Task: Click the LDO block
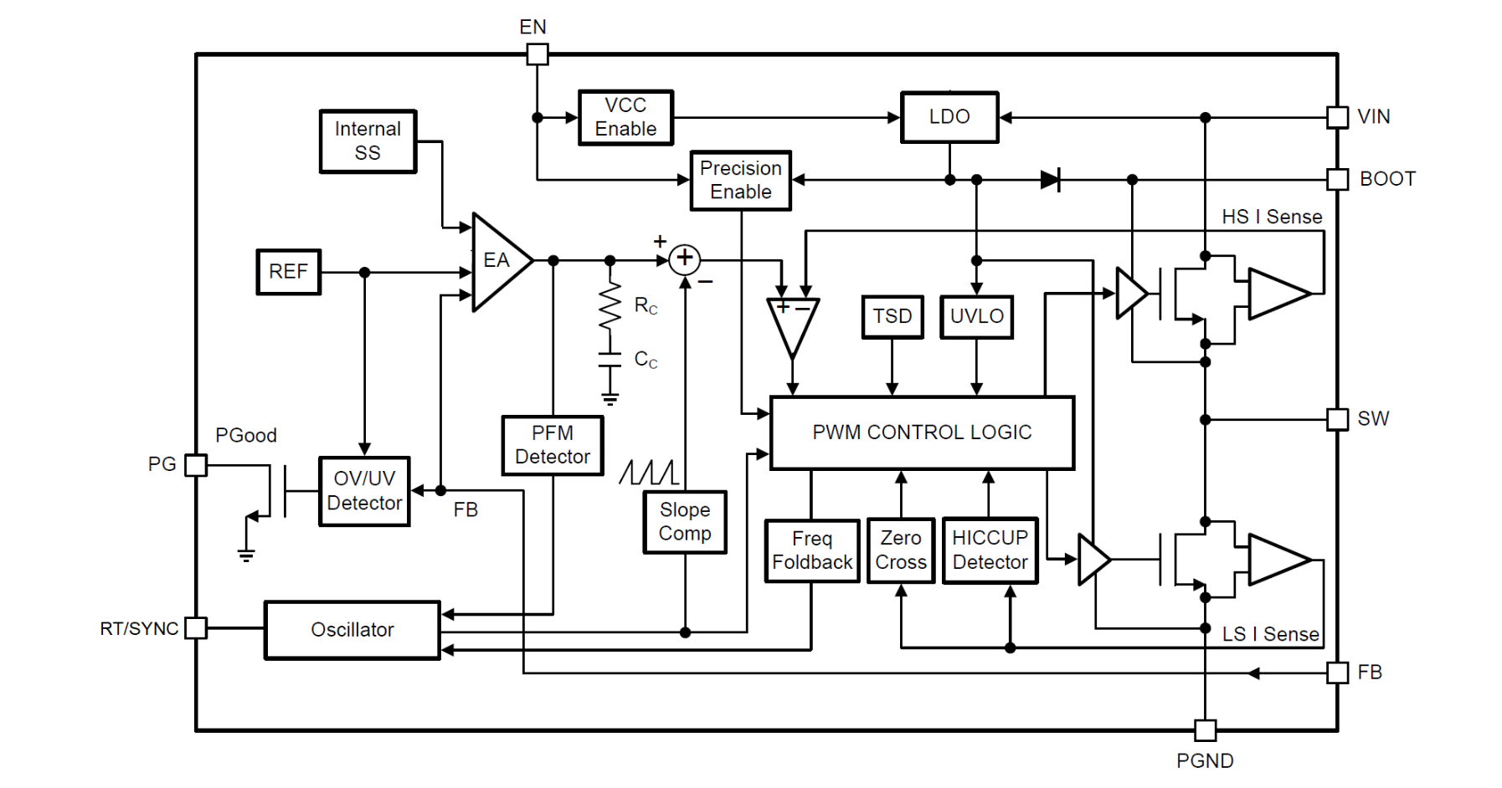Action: pyautogui.click(x=949, y=117)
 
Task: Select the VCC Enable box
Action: pyautogui.click(x=625, y=117)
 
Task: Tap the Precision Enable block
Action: pyautogui.click(x=741, y=180)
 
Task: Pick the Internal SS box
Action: pyautogui.click(x=368, y=141)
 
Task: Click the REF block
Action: pyautogui.click(x=288, y=272)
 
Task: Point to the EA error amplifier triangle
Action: pyautogui.click(x=498, y=262)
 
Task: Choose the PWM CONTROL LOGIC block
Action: pyautogui.click(x=922, y=432)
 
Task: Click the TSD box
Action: pyautogui.click(x=892, y=316)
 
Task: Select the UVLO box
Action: pyautogui.click(x=976, y=316)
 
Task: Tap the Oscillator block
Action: pyautogui.click(x=352, y=630)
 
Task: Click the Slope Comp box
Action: pyautogui.click(x=685, y=522)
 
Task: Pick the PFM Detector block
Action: pyautogui.click(x=553, y=445)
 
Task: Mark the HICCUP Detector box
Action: pyautogui.click(x=990, y=550)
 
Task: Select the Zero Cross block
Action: pyautogui.click(x=901, y=550)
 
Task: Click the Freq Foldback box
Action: pyautogui.click(x=812, y=550)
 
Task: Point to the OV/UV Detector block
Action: pyautogui.click(x=364, y=491)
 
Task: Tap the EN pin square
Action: pyautogui.click(x=538, y=54)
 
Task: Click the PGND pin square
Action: pyautogui.click(x=1206, y=730)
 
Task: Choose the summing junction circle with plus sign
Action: pyautogui.click(x=685, y=259)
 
